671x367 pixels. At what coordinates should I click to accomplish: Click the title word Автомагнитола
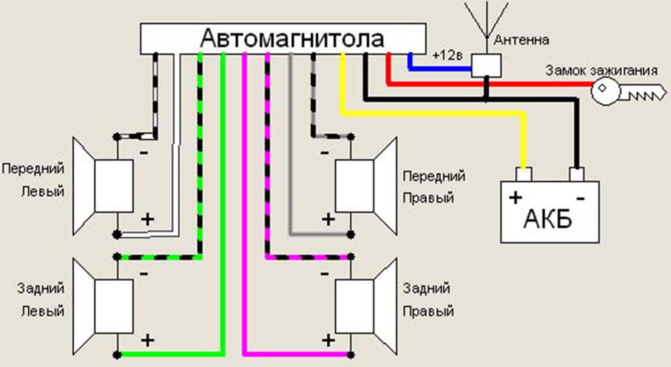click(293, 38)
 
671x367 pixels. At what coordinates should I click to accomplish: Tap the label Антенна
click(521, 40)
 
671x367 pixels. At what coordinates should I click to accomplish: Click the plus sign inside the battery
click(515, 198)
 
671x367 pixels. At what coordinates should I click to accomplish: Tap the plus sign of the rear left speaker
click(148, 339)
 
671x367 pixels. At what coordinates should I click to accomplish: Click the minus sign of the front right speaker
click(324, 152)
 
